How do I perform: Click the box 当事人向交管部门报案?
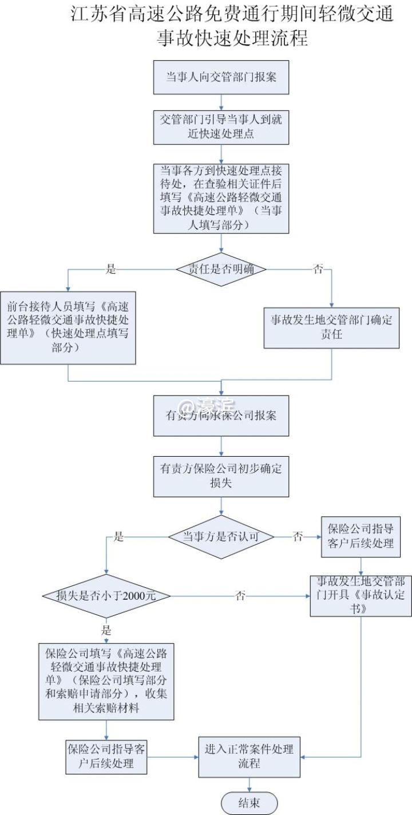pyautogui.click(x=221, y=77)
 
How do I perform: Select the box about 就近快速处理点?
pyautogui.click(x=221, y=127)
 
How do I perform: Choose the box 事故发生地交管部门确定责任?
pyautogui.click(x=331, y=327)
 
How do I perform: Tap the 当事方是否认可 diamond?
pyautogui.click(x=221, y=536)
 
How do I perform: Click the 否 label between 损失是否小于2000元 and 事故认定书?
pyautogui.click(x=241, y=595)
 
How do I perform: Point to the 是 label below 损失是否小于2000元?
pyautogui.click(x=106, y=631)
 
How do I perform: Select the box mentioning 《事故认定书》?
pyautogui.click(x=361, y=595)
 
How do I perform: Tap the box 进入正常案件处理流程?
pyautogui.click(x=249, y=756)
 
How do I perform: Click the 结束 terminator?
pyautogui.click(x=249, y=802)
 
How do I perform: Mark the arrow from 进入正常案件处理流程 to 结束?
pyautogui.click(x=249, y=785)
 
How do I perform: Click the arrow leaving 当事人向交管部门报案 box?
pyautogui.click(x=221, y=101)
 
